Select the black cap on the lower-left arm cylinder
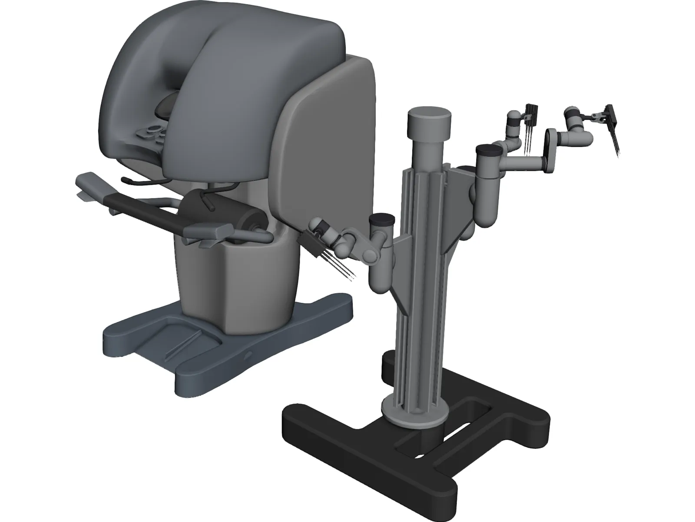pos(382,218)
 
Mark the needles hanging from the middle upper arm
pos(529,139)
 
